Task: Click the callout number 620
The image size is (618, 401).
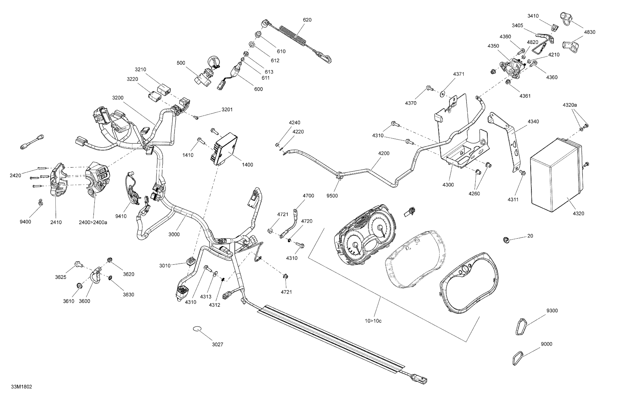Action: pyautogui.click(x=307, y=20)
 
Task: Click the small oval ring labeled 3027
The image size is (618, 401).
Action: pyautogui.click(x=197, y=329)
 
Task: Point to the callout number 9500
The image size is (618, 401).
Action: pyautogui.click(x=332, y=196)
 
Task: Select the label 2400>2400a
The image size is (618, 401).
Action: pyautogui.click(x=93, y=222)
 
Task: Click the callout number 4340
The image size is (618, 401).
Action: pyautogui.click(x=533, y=122)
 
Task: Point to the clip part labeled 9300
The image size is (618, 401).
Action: pyautogui.click(x=520, y=326)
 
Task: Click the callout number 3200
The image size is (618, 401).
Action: pyautogui.click(x=118, y=98)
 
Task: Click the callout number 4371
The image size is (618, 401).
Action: pyautogui.click(x=459, y=74)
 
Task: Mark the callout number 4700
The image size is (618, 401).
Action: pyautogui.click(x=308, y=196)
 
